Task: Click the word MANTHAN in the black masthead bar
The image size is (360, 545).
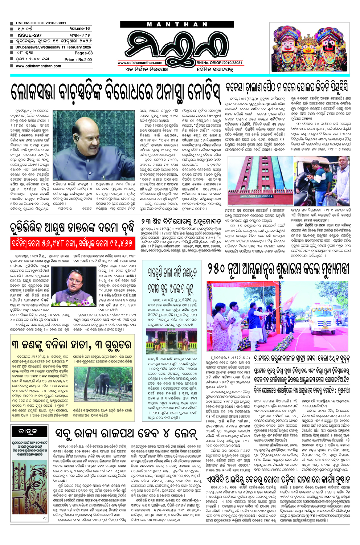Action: pos(177,25)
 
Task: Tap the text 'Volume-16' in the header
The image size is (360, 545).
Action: pos(79,29)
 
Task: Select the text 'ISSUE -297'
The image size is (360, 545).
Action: pos(29,35)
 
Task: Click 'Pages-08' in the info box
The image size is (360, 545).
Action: pos(83,53)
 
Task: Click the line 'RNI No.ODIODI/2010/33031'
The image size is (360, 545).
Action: pos(41,23)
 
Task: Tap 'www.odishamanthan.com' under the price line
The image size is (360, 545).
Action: pos(38,66)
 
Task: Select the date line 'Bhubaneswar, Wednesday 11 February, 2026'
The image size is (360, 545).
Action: pos(53,47)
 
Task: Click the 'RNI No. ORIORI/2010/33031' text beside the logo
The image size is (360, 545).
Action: pos(219,63)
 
